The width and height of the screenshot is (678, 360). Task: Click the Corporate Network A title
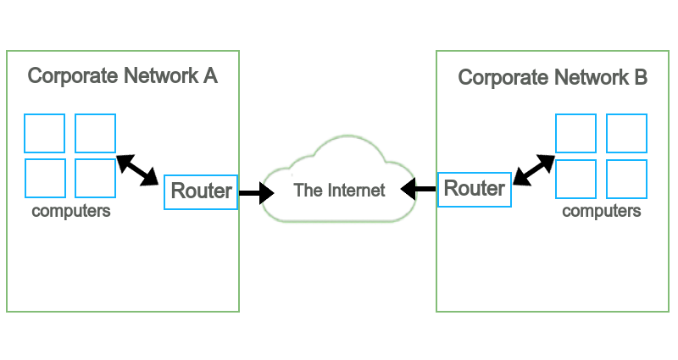click(123, 76)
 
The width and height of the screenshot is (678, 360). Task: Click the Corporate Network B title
click(553, 78)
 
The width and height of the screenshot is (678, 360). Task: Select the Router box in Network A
click(201, 191)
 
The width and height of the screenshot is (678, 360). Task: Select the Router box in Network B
click(475, 188)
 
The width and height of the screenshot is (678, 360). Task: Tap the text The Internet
click(339, 190)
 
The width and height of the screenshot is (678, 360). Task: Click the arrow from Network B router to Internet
click(420, 188)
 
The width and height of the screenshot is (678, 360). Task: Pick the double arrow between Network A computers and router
click(137, 169)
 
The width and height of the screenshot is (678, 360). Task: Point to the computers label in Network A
click(71, 211)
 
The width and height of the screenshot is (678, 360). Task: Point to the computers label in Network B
click(602, 211)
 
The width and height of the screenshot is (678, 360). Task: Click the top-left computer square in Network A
click(44, 133)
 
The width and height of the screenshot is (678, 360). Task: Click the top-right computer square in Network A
click(95, 133)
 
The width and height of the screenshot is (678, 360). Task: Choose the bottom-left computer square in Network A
click(44, 178)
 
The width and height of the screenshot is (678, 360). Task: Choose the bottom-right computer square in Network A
click(95, 178)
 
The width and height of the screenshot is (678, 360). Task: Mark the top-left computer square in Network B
click(575, 133)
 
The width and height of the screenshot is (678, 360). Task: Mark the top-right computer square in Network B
click(626, 133)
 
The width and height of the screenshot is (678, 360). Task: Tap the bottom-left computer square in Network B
click(575, 178)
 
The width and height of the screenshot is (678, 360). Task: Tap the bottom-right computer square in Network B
click(626, 178)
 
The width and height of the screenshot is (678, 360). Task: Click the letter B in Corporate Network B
click(641, 78)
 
